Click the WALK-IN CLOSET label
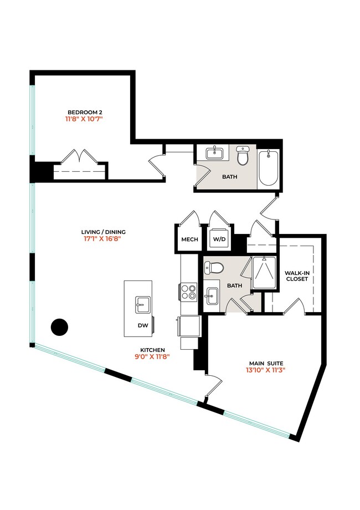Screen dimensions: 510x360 [296, 276]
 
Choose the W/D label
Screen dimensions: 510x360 [220, 240]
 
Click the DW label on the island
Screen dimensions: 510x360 [143, 326]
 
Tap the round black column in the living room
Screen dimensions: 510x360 [59, 327]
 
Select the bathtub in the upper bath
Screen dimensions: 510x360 [269, 168]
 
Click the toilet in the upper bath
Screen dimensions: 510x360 [243, 157]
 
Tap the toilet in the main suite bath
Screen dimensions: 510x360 [214, 268]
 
